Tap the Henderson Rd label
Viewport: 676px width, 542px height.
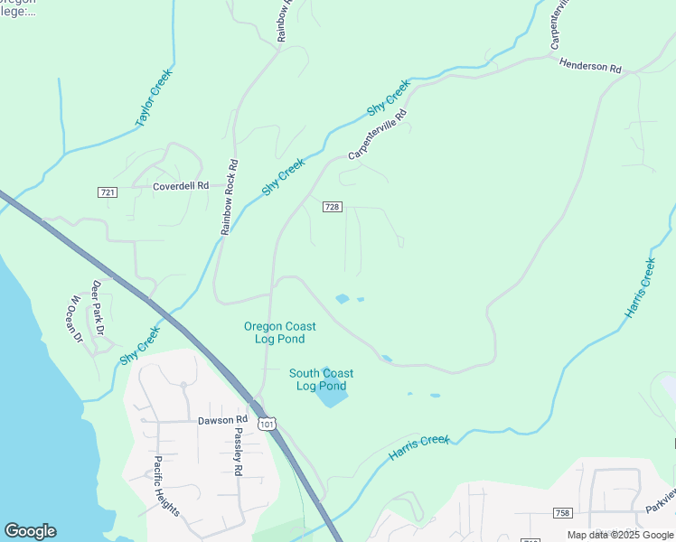click(x=591, y=67)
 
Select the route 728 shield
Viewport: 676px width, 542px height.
click(x=332, y=207)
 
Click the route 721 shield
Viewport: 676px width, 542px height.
click(x=107, y=192)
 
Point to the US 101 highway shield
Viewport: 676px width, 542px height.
click(x=265, y=423)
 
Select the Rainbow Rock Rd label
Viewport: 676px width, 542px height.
click(x=230, y=198)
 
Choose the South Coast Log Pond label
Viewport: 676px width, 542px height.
click(x=321, y=379)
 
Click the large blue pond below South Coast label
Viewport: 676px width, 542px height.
click(x=331, y=394)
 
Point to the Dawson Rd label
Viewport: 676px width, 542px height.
click(x=222, y=420)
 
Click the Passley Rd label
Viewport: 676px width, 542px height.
click(x=239, y=452)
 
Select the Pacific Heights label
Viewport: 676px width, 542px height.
click(x=165, y=485)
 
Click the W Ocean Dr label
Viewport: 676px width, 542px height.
click(x=76, y=319)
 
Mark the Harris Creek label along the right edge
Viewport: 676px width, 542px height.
click(x=640, y=287)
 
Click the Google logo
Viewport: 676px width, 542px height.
click(x=30, y=531)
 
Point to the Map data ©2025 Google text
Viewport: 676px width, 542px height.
click(x=619, y=535)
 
